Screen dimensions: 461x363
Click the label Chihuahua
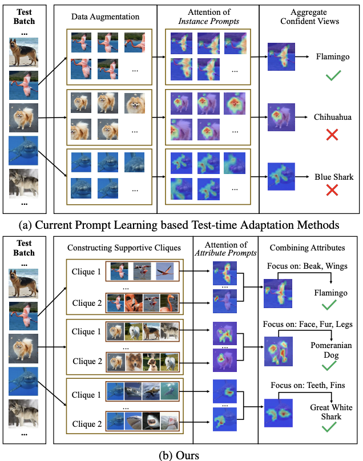pos(333,117)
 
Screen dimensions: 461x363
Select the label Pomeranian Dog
pos(331,350)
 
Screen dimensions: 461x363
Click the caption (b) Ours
pos(181,454)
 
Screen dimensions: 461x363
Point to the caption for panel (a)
pos(181,225)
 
